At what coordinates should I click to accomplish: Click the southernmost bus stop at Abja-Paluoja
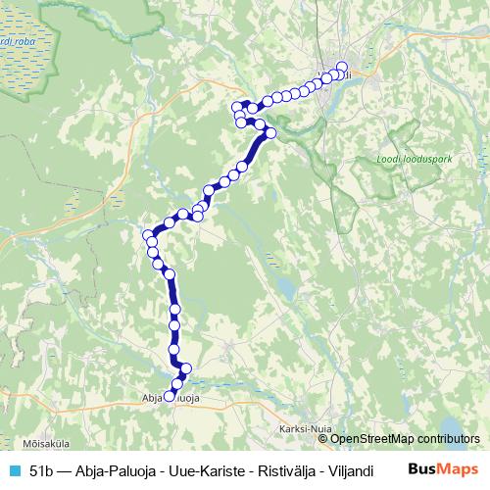click(169, 397)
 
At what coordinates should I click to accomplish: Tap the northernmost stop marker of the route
click(342, 67)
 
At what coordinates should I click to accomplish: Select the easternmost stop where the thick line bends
click(271, 133)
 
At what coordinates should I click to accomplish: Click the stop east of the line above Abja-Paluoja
click(186, 368)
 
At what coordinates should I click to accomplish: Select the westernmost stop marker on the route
click(148, 235)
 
